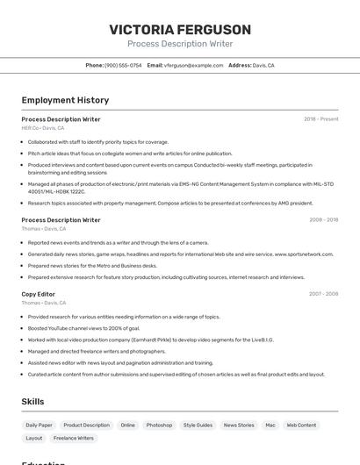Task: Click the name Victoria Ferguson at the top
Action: pyautogui.click(x=180, y=29)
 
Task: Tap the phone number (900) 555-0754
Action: pyautogui.click(x=123, y=65)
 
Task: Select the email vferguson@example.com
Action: pyautogui.click(x=193, y=65)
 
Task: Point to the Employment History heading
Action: pyautogui.click(x=65, y=100)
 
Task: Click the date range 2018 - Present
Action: pyautogui.click(x=320, y=118)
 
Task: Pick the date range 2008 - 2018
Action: pyautogui.click(x=323, y=219)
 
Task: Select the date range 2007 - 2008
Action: pyautogui.click(x=323, y=294)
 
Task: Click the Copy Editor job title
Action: pyautogui.click(x=39, y=294)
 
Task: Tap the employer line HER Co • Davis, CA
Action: pyautogui.click(x=43, y=127)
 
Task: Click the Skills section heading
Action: pyautogui.click(x=33, y=402)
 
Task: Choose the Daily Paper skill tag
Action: pyautogui.click(x=40, y=425)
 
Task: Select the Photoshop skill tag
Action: pyautogui.click(x=159, y=425)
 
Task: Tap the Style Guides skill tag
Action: pyautogui.click(x=198, y=425)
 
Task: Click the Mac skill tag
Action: pyautogui.click(x=270, y=425)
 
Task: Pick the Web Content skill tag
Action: pyautogui.click(x=301, y=425)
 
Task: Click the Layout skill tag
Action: pyautogui.click(x=34, y=437)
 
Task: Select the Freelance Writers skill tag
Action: pyautogui.click(x=73, y=437)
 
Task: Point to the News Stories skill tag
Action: pyautogui.click(x=239, y=425)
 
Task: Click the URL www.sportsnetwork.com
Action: pyautogui.click(x=304, y=254)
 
